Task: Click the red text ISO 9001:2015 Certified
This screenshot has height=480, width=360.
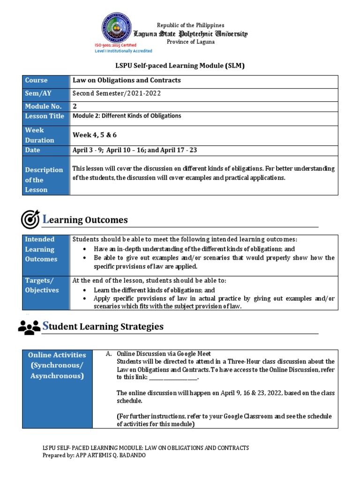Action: point(116,45)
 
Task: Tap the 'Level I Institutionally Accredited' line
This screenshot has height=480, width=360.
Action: point(123,51)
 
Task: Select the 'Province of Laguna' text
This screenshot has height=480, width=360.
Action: point(191,42)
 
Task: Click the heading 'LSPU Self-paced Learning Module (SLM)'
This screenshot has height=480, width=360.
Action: point(180,66)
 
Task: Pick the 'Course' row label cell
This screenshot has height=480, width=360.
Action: point(45,81)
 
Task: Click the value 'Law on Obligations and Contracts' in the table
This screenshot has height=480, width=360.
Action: point(127,81)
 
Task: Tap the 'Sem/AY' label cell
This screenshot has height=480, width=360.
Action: point(45,93)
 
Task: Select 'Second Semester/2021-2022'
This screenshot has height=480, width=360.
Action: point(117,93)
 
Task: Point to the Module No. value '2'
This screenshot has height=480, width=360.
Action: point(75,106)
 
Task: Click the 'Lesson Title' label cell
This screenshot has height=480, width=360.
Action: point(45,116)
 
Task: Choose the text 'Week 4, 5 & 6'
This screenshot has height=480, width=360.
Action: point(95,135)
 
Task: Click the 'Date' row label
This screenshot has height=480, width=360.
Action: point(45,150)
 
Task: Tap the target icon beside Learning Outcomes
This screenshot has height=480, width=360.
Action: point(30,219)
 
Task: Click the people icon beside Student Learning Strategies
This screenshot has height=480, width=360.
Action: point(29,327)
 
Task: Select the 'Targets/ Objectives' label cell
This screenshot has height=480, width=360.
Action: point(45,285)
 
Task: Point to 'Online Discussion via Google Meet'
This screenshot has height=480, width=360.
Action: point(164,354)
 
